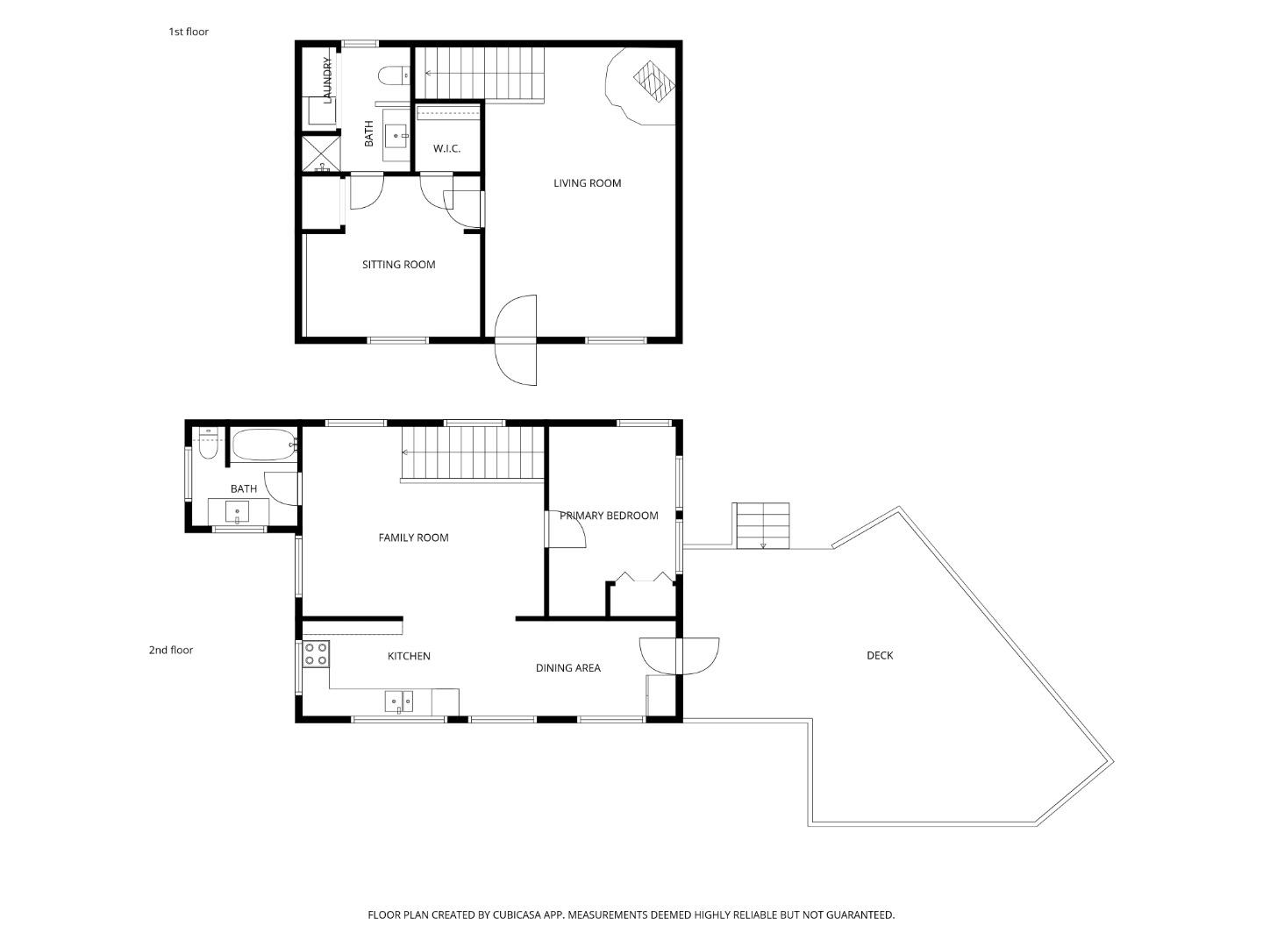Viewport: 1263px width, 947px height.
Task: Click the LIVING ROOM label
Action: coord(587,183)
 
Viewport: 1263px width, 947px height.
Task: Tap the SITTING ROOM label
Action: coord(398,265)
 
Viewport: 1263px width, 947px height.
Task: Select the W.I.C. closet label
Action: coord(446,149)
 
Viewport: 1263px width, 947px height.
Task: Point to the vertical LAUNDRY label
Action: coord(327,80)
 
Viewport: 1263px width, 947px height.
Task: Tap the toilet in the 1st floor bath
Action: coord(393,76)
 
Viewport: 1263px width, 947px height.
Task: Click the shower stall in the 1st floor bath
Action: coord(320,153)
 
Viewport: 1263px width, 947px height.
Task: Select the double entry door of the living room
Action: coord(516,339)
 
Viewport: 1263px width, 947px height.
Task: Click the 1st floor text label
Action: coord(189,32)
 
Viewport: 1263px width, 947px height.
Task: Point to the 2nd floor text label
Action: coord(170,651)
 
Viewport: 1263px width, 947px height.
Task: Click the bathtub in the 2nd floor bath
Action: coord(263,445)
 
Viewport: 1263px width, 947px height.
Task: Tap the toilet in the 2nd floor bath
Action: coord(208,444)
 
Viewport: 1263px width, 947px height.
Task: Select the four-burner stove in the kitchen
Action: coord(316,653)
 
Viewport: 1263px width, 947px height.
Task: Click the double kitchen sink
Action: coord(399,701)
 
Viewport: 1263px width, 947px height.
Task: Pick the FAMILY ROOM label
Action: coord(413,538)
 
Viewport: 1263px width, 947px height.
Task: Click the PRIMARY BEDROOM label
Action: coord(609,516)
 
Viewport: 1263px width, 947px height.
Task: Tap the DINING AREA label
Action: coord(567,668)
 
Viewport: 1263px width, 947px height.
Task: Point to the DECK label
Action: coord(880,656)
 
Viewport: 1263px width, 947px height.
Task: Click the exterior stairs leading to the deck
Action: coord(762,525)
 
